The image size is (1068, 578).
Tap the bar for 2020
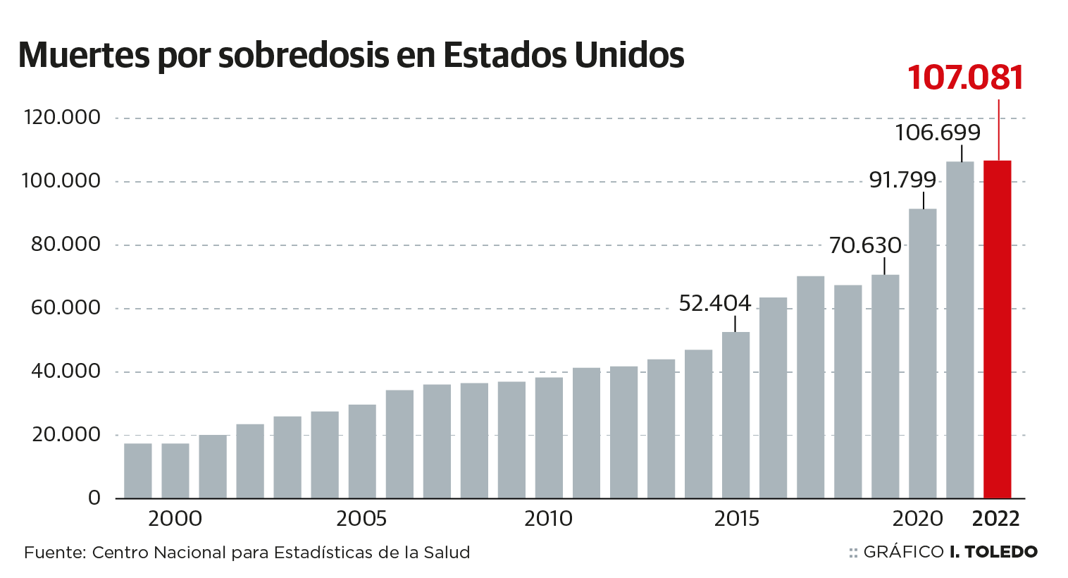point(922,353)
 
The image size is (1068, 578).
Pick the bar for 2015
point(735,415)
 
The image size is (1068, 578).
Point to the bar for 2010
point(549,438)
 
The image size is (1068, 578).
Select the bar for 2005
point(362,451)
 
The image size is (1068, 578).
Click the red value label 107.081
point(965,78)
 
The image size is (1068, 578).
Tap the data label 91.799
point(902,180)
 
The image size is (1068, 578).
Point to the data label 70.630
point(864,246)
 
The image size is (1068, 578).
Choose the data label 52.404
point(714,304)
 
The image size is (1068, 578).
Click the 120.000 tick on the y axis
point(62,117)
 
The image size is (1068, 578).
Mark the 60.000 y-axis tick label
point(65,308)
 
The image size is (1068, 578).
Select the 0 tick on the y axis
point(94,498)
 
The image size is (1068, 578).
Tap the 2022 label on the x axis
point(995,519)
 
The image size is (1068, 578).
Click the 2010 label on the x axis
point(548,519)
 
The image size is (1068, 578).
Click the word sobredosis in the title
point(302,56)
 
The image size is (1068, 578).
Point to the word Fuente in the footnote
point(52,553)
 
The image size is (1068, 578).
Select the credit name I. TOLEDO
point(993,552)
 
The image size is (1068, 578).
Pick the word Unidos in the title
point(629,56)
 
